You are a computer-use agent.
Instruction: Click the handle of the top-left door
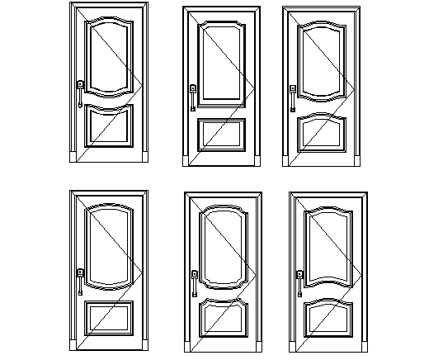(80, 92)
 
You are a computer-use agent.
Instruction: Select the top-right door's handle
(292, 97)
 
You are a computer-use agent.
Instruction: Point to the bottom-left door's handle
(80, 281)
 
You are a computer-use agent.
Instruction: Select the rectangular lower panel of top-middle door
(222, 135)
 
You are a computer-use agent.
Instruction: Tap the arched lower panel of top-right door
(322, 134)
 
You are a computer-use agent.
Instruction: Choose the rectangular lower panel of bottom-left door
(108, 318)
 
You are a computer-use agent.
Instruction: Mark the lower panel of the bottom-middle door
(222, 319)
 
